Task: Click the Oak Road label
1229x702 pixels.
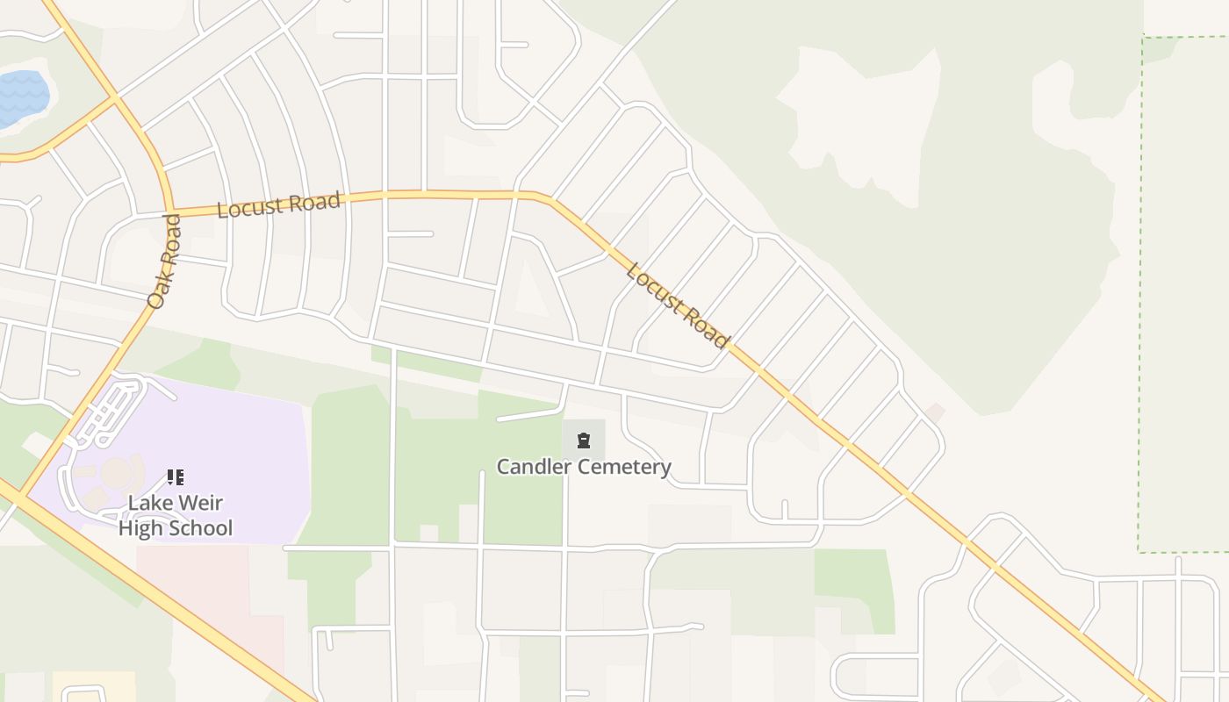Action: (165, 261)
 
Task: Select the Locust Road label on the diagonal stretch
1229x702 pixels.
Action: (677, 304)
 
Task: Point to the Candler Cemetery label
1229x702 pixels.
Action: (584, 467)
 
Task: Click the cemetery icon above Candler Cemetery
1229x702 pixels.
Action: (584, 439)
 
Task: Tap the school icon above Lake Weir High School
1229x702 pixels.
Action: (175, 477)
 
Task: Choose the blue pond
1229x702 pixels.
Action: (19, 99)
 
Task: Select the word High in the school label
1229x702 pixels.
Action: (140, 528)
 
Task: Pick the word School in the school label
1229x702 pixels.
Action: (201, 528)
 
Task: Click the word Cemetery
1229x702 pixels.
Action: (623, 467)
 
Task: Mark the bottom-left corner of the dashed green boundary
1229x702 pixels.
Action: (1139, 551)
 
